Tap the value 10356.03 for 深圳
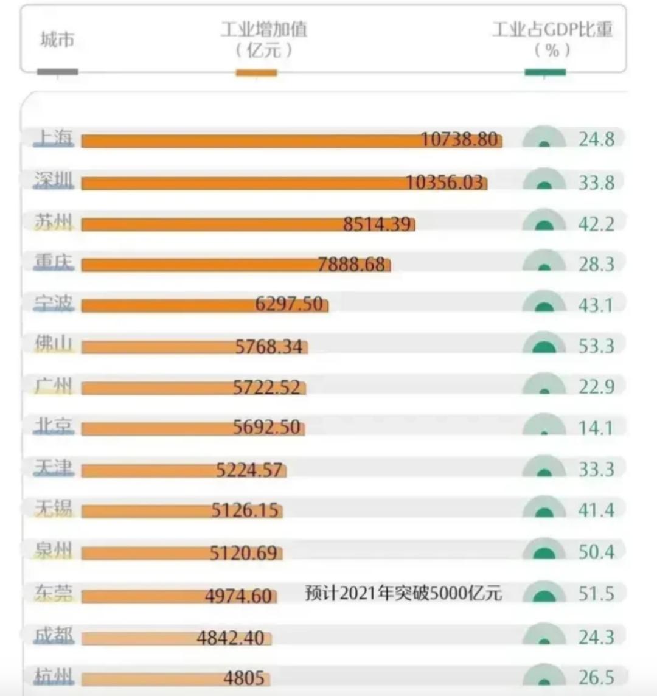pyautogui.click(x=444, y=183)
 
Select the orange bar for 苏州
pyautogui.click(x=248, y=224)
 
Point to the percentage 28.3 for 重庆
pyautogui.click(x=596, y=264)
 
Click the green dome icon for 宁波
pyautogui.click(x=544, y=301)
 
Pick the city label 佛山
pyautogui.click(x=54, y=344)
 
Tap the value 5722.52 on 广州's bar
pyautogui.click(x=267, y=388)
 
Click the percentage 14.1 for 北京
pyautogui.click(x=596, y=428)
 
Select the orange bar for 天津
pyautogui.click(x=184, y=470)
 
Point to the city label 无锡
pyautogui.click(x=54, y=508)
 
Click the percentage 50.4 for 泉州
pyautogui.click(x=596, y=552)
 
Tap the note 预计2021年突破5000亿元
pyautogui.click(x=403, y=593)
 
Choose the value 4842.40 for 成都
pyautogui.click(x=231, y=638)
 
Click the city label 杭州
pyautogui.click(x=54, y=677)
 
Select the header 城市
pyautogui.click(x=57, y=40)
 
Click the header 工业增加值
pyautogui.click(x=264, y=29)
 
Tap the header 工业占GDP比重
pyautogui.click(x=553, y=29)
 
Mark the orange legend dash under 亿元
pyautogui.click(x=257, y=72)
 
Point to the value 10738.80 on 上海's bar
pyautogui.click(x=459, y=139)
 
